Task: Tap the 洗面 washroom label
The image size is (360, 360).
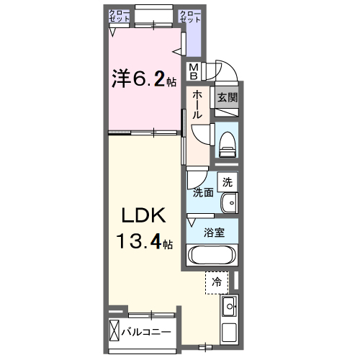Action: coord(202,193)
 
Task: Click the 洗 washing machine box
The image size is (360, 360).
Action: coord(228,183)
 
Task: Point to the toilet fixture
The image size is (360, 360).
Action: coord(227,141)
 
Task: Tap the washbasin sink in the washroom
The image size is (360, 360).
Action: coord(229,204)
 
